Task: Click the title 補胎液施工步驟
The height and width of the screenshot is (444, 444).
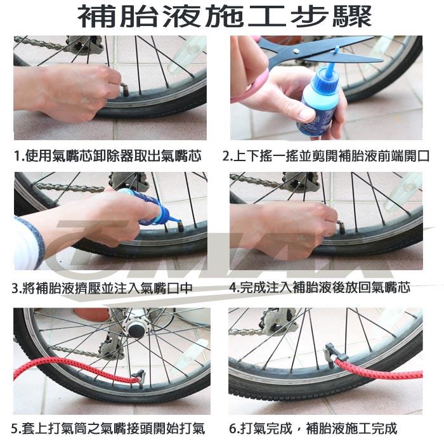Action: click(225, 16)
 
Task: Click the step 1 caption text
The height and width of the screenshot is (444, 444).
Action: click(108, 156)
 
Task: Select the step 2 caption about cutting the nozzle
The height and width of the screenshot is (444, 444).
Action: click(326, 156)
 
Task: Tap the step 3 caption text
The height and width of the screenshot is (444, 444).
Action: click(102, 288)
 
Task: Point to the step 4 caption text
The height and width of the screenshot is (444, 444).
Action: click(320, 287)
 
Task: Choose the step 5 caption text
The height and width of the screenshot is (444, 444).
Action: click(108, 428)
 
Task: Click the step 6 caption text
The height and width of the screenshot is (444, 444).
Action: click(313, 428)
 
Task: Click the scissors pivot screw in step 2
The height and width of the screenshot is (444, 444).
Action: click(296, 51)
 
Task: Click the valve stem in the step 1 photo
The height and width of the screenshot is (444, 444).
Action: click(124, 88)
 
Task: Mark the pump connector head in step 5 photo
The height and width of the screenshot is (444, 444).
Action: click(140, 377)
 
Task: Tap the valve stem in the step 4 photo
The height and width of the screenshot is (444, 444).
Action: click(341, 226)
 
